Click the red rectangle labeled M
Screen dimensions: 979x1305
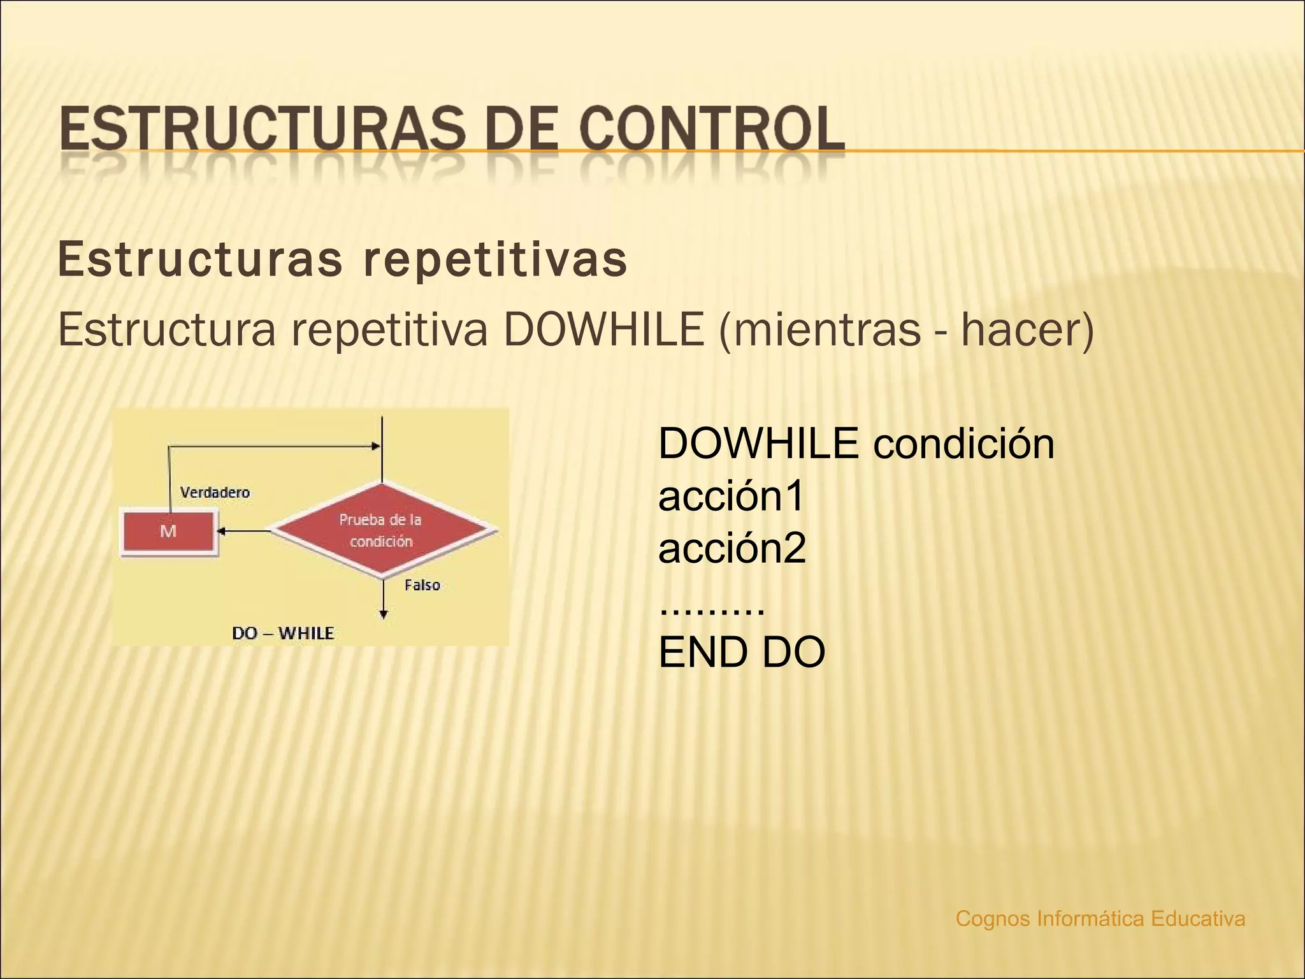click(168, 530)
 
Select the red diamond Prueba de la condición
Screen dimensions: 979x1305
click(382, 530)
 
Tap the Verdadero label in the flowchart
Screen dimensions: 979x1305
click(215, 492)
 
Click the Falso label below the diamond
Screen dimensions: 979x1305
click(422, 585)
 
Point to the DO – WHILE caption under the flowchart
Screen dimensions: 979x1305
click(282, 633)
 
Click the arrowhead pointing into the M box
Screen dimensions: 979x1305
click(221, 530)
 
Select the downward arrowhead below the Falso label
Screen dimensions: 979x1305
click(383, 614)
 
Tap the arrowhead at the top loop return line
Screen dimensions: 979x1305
click(376, 446)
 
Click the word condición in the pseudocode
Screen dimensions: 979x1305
click(963, 444)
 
